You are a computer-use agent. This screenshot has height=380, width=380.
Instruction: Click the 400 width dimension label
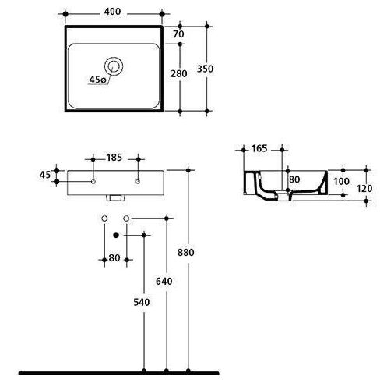point(112,12)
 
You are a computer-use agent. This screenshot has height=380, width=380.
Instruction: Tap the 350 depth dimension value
point(205,69)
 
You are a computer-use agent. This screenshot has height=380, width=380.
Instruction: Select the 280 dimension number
point(178,74)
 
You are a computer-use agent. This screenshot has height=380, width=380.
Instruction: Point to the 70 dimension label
point(178,34)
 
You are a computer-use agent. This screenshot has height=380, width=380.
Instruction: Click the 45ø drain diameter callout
point(97,80)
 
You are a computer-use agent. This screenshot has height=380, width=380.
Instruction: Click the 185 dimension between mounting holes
point(114,158)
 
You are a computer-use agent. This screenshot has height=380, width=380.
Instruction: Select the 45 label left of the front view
point(45,175)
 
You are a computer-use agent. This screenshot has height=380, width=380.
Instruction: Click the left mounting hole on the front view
point(93,182)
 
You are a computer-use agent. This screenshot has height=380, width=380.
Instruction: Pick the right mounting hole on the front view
point(138,182)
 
